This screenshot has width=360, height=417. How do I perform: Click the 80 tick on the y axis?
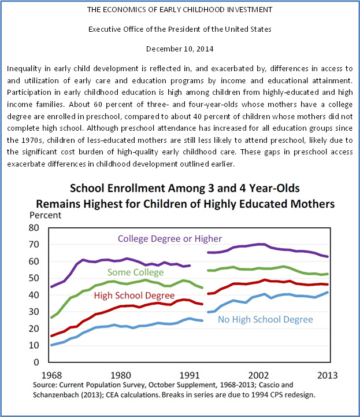(x=34, y=228)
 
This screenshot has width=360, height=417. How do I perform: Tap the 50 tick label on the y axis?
(x=34, y=278)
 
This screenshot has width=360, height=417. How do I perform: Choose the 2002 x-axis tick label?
(x=258, y=372)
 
